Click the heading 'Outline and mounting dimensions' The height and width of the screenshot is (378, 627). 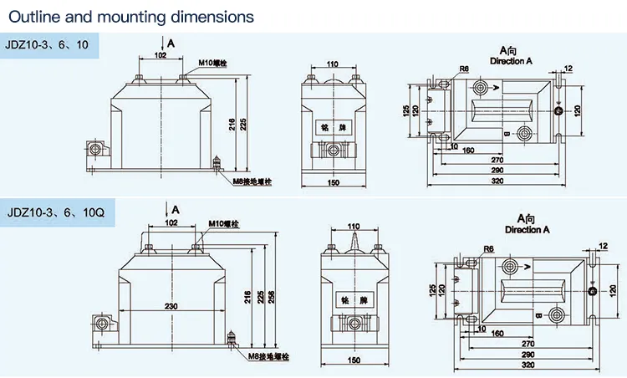coord(128,16)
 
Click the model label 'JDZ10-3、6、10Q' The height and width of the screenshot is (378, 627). coord(54,212)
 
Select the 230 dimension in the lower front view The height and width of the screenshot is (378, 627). coord(171,307)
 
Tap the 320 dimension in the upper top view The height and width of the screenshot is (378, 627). coord(497,181)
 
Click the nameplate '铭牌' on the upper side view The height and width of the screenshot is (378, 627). coord(333,129)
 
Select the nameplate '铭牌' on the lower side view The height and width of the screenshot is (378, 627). coord(354,299)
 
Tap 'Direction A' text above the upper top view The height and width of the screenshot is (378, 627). coord(510,62)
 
